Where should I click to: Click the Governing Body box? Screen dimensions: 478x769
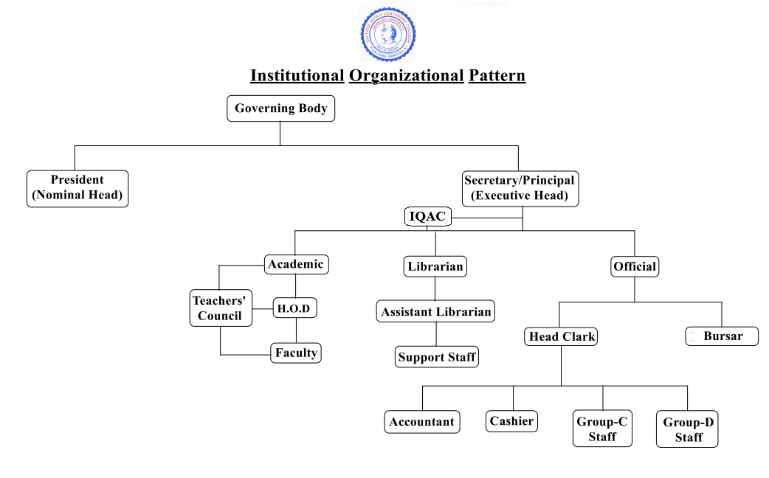click(280, 108)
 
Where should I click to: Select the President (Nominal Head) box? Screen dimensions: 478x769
click(77, 188)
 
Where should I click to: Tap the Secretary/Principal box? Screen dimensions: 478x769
click(519, 188)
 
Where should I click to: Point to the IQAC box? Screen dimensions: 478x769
click(427, 217)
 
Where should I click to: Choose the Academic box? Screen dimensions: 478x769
click(296, 264)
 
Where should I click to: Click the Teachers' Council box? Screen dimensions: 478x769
click(219, 308)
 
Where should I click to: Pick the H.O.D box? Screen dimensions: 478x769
click(294, 308)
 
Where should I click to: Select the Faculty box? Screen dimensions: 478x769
click(296, 353)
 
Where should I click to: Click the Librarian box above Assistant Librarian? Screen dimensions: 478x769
click(436, 266)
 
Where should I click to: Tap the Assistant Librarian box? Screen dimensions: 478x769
click(435, 311)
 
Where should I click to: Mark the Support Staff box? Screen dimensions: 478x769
click(437, 357)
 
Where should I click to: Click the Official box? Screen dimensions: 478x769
click(635, 266)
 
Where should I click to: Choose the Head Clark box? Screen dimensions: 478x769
click(562, 336)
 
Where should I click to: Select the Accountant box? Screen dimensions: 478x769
click(422, 422)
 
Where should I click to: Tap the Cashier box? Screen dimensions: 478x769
click(512, 421)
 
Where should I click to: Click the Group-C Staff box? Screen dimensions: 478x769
click(602, 429)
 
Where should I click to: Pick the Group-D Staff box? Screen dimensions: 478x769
click(688, 429)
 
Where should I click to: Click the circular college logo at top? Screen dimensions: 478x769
click(388, 35)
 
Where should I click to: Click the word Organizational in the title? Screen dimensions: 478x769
click(406, 75)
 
